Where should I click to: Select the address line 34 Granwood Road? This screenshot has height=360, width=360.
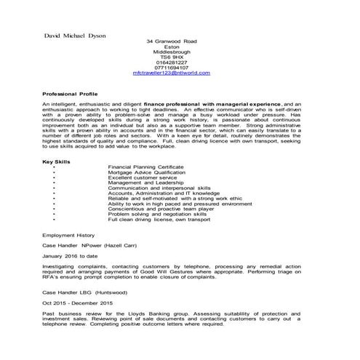click(x=172, y=41)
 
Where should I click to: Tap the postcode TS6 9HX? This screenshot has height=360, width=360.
click(x=172, y=57)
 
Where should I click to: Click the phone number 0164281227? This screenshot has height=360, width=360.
click(x=172, y=63)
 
